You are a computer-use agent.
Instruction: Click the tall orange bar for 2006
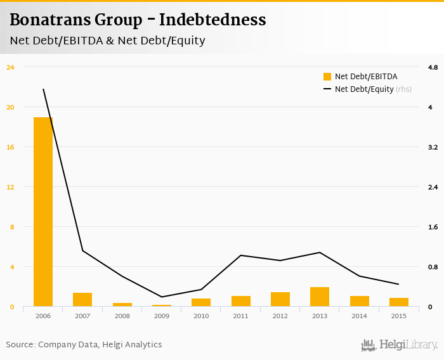(43, 212)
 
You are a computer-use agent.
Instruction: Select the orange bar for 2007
(82, 300)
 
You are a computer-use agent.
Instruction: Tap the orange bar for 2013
(320, 297)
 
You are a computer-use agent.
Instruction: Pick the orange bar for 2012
(280, 299)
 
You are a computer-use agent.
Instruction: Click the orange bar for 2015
(399, 302)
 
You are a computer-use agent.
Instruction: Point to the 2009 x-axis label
(162, 316)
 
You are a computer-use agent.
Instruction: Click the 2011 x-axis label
(240, 316)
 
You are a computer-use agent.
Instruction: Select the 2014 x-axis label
(359, 316)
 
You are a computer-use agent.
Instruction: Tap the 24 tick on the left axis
(10, 67)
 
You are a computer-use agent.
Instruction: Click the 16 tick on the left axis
(10, 147)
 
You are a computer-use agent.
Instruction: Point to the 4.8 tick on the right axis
(433, 67)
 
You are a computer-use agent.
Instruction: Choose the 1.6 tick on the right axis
(433, 227)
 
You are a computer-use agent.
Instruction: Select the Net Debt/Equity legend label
(364, 89)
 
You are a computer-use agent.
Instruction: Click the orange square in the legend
(327, 77)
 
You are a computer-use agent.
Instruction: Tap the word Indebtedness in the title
(212, 20)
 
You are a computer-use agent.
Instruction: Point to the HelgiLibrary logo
(400, 345)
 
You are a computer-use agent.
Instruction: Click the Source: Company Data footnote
(84, 345)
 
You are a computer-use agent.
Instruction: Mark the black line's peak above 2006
(43, 89)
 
